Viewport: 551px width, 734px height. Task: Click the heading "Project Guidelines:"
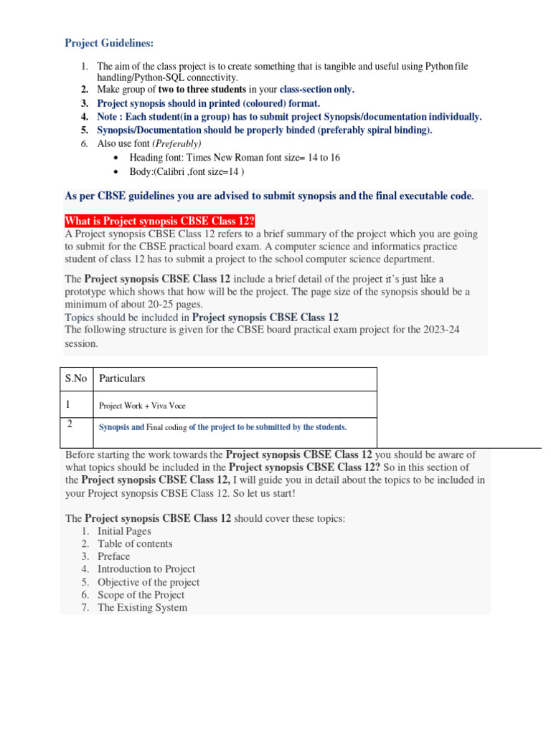(x=109, y=43)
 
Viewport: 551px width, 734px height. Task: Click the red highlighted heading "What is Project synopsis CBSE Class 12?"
(x=159, y=220)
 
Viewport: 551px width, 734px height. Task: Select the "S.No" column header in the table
(x=75, y=378)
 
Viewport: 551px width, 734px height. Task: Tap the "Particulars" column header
(x=122, y=378)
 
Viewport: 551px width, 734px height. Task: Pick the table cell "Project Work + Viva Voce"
(x=142, y=406)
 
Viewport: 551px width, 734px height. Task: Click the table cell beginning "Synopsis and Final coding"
(x=222, y=427)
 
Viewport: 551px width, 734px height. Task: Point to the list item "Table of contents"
(x=135, y=543)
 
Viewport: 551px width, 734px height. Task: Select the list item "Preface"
(x=114, y=556)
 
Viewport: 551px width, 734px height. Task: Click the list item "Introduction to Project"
(x=146, y=569)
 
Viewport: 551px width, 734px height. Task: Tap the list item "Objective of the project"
(x=149, y=582)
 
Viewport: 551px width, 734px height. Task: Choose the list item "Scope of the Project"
(x=141, y=595)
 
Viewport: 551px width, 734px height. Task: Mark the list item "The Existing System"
(x=142, y=608)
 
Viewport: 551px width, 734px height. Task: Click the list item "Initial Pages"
(x=124, y=531)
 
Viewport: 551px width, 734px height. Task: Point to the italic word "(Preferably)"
(x=177, y=143)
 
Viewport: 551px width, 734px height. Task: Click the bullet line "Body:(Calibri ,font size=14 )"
(x=187, y=171)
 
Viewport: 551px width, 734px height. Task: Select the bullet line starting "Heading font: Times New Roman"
(x=234, y=157)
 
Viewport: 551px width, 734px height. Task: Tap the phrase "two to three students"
(x=202, y=90)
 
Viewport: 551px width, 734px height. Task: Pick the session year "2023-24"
(x=451, y=330)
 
